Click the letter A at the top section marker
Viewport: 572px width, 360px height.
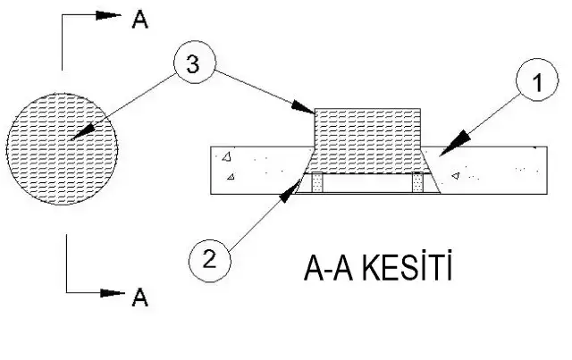point(139,20)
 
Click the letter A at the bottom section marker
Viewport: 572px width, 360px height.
point(139,297)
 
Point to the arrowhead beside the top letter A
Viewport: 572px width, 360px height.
point(108,15)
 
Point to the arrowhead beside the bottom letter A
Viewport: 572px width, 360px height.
point(110,292)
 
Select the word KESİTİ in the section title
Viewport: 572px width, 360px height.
point(406,269)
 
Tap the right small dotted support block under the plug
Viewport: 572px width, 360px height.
point(417,182)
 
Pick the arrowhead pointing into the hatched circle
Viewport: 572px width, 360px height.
point(80,133)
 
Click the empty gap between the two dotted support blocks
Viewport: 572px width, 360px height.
point(366,183)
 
